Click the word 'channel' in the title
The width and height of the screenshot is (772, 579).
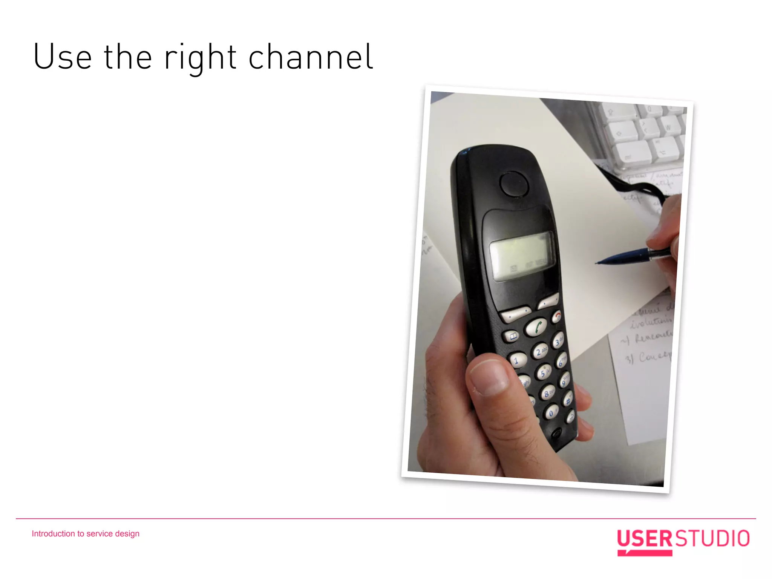[311, 57]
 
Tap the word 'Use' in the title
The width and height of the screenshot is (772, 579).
[63, 57]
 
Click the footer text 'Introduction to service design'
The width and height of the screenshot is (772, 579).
[86, 534]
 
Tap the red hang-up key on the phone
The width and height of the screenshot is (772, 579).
[557, 316]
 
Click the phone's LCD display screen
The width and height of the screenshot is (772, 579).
[521, 256]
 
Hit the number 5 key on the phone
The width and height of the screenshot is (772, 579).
[544, 372]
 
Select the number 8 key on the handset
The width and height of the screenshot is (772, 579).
[548, 393]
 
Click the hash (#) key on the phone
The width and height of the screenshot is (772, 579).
[568, 399]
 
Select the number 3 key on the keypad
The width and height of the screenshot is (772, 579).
[558, 341]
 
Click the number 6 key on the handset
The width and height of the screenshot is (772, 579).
[562, 361]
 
